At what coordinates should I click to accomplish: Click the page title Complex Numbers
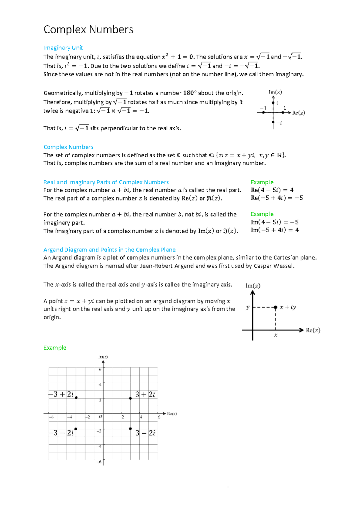pyautogui.click(x=88, y=29)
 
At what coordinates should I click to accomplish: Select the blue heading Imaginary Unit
pyautogui.click(x=63, y=48)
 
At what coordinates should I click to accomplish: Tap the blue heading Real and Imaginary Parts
pyautogui.click(x=106, y=182)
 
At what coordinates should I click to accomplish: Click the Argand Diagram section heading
pyautogui.click(x=109, y=250)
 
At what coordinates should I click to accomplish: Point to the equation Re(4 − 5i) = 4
pyautogui.click(x=272, y=190)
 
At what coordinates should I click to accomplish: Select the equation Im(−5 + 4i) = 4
pyautogui.click(x=275, y=230)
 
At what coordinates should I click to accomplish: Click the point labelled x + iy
pyautogui.click(x=275, y=307)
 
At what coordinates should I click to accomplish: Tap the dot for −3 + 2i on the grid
pyautogui.click(x=76, y=398)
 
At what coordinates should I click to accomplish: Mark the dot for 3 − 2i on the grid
pyautogui.click(x=130, y=429)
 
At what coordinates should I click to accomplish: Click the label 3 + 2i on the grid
pyautogui.click(x=145, y=394)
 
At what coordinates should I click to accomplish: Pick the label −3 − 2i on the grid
pyautogui.click(x=61, y=433)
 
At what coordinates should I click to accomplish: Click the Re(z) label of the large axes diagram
pyautogui.click(x=313, y=330)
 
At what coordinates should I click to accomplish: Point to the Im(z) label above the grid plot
pyautogui.click(x=103, y=357)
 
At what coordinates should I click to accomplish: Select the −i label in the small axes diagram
pyautogui.click(x=279, y=123)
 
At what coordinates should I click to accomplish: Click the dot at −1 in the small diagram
pyautogui.click(x=263, y=113)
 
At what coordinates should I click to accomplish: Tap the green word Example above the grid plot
pyautogui.click(x=55, y=348)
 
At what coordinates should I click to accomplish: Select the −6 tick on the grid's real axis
pyautogui.click(x=51, y=417)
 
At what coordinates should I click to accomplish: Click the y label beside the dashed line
pyautogui.click(x=248, y=307)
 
